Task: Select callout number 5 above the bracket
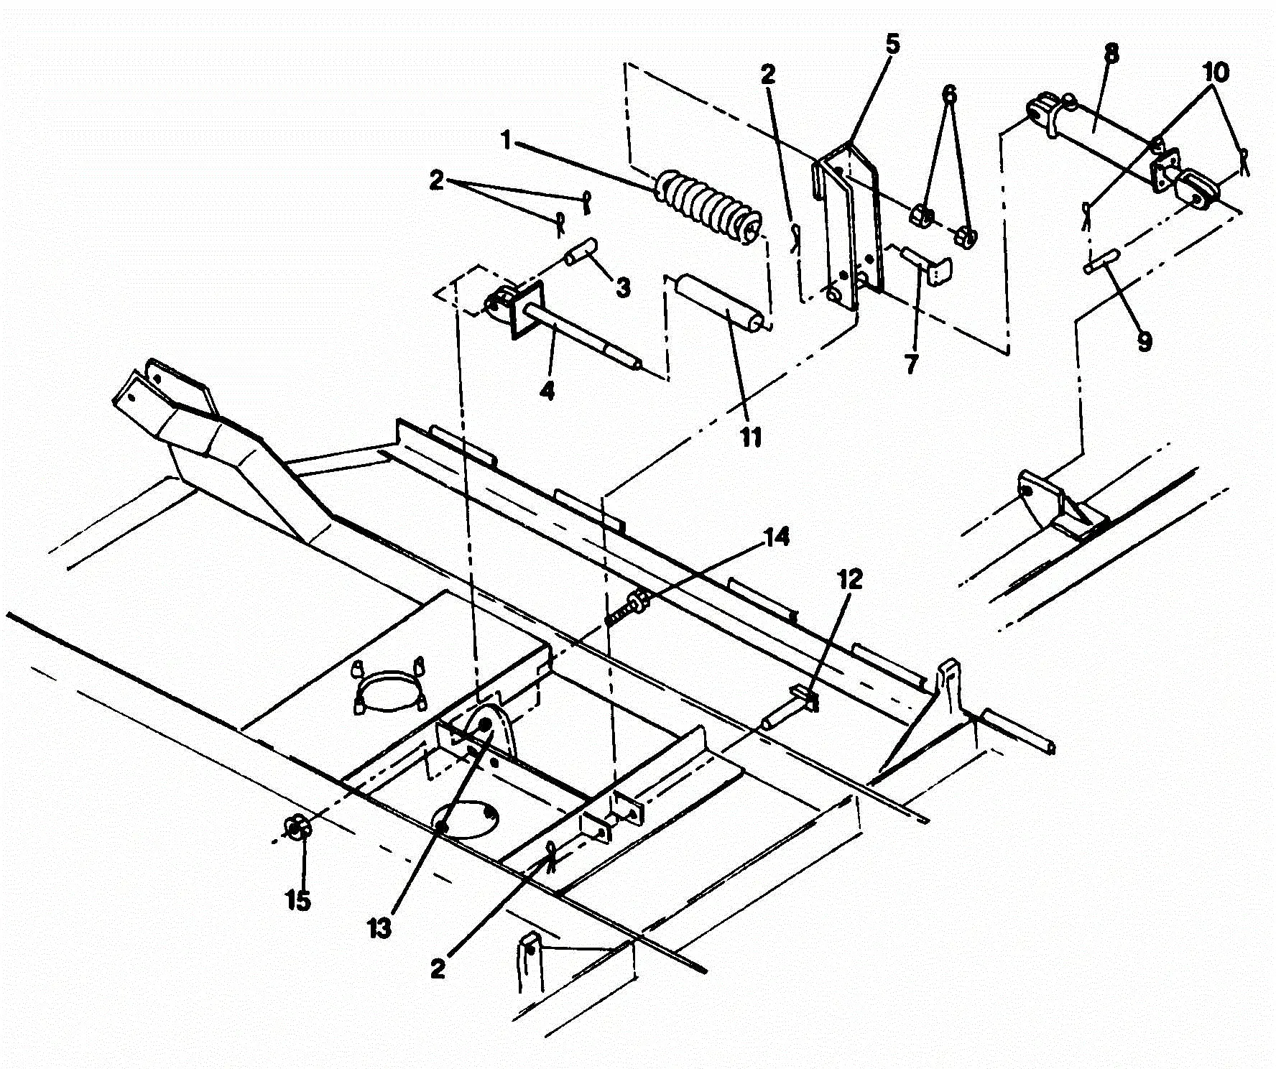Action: tap(891, 45)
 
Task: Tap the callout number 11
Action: tap(751, 436)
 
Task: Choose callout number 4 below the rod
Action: tap(547, 392)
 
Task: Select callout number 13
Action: tap(379, 927)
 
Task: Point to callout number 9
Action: tap(1145, 340)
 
